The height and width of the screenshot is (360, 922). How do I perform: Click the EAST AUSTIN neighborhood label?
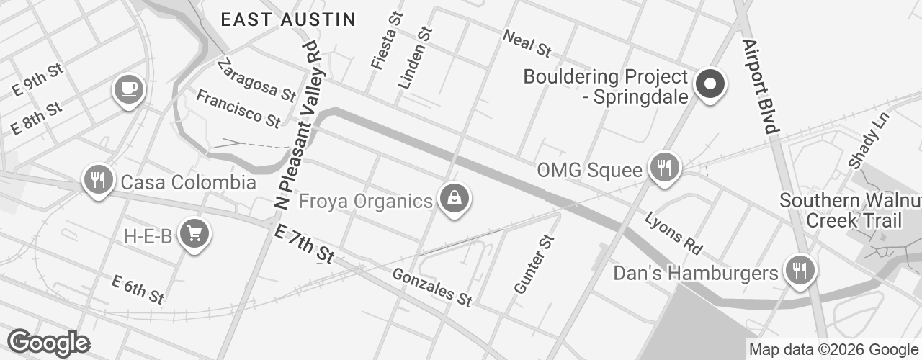288,19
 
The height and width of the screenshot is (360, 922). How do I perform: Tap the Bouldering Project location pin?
710,84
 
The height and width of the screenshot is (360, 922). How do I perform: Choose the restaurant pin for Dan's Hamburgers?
799,271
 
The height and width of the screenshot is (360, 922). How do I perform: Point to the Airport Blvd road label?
760,86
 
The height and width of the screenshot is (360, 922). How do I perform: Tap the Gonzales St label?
432,286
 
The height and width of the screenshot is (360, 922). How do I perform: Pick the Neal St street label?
527,43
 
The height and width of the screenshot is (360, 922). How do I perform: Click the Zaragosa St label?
256,79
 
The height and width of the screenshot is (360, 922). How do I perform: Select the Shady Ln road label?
864,140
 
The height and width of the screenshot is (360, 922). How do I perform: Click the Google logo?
49,343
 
